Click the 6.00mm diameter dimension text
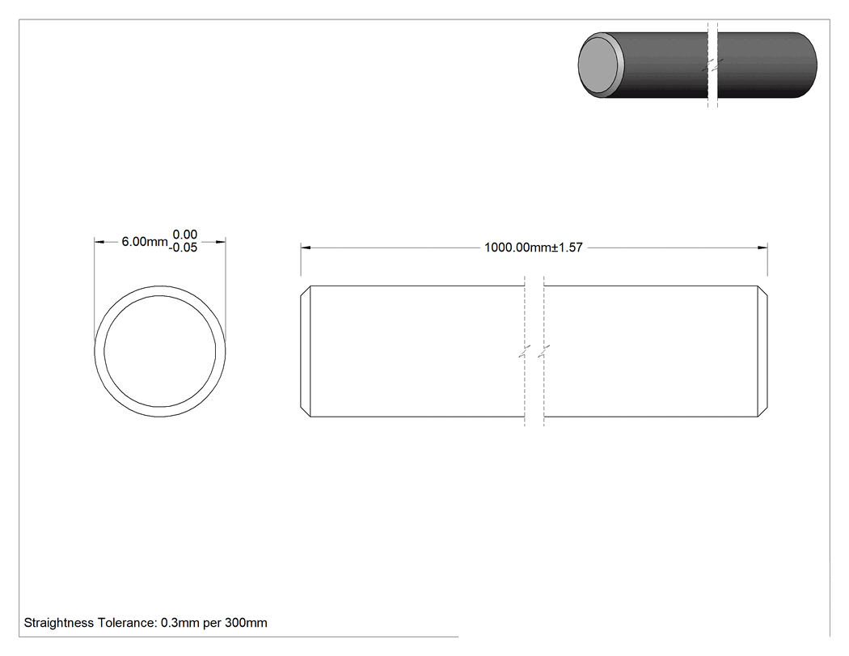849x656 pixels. coord(145,242)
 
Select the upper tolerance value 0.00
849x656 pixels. coord(184,235)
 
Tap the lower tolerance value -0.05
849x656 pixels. coord(183,248)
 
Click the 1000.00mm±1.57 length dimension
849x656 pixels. coord(534,248)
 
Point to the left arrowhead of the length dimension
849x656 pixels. coord(306,248)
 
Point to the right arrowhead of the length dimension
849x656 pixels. coord(762,248)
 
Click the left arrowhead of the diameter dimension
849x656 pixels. coord(99,242)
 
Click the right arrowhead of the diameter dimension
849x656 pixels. coord(221,242)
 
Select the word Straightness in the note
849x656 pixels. coord(59,623)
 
